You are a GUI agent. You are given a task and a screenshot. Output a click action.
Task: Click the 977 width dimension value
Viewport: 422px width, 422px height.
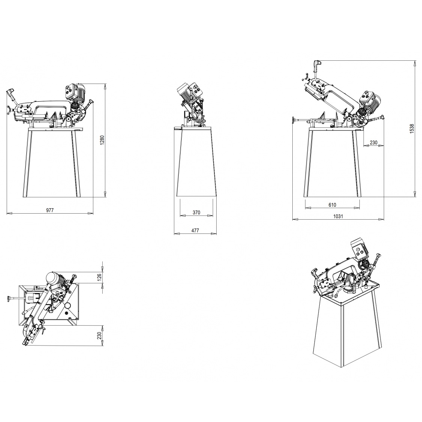(x=50, y=210)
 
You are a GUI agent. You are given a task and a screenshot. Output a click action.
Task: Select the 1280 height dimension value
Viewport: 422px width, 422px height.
(x=102, y=140)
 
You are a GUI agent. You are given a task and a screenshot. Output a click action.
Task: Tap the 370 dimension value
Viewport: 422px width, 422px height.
(x=196, y=212)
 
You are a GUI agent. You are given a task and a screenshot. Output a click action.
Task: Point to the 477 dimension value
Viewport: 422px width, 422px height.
(x=195, y=230)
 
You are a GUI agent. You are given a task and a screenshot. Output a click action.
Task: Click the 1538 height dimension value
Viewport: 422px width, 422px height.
(x=412, y=129)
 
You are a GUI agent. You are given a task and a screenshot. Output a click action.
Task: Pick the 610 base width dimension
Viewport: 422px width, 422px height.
(x=332, y=205)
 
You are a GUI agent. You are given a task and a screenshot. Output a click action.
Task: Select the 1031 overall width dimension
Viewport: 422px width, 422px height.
(x=338, y=216)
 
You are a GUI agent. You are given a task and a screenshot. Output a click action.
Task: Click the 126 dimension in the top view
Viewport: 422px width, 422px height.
(x=99, y=277)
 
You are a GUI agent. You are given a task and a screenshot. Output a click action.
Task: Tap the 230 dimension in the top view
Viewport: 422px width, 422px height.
(x=99, y=335)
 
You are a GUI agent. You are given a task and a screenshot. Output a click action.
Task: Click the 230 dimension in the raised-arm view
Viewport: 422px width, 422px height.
(x=374, y=142)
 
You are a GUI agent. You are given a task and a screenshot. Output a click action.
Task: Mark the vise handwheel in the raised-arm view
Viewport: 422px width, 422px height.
(x=293, y=120)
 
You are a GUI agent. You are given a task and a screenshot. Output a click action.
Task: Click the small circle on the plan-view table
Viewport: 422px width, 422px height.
(x=67, y=305)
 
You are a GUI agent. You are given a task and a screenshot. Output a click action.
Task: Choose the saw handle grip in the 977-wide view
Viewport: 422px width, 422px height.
(x=10, y=93)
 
